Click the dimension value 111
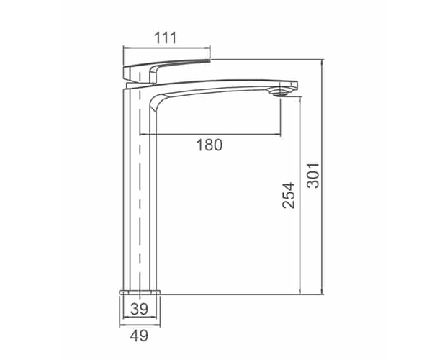(x=165, y=38)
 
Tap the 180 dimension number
(x=210, y=145)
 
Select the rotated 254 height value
(x=289, y=195)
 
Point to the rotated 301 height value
(x=313, y=176)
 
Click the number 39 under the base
(x=139, y=309)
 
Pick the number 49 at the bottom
(x=139, y=336)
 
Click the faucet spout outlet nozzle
(x=281, y=92)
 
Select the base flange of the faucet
(x=140, y=292)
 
